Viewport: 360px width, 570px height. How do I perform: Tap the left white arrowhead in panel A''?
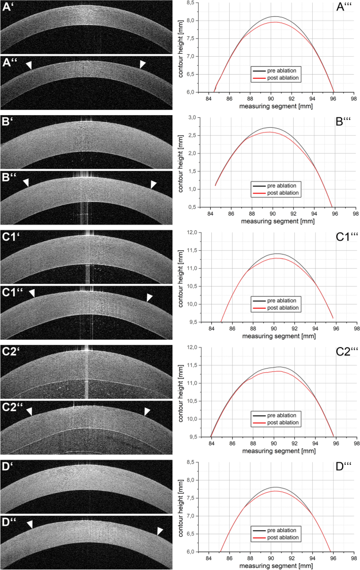tap(29, 64)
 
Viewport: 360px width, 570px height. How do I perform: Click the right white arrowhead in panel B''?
tap(153, 184)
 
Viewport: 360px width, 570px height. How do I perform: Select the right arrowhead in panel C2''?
tap(148, 411)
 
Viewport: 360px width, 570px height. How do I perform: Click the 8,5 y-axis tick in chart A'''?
tap(193, 3)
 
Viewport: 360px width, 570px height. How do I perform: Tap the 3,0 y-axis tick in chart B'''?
tap(193, 117)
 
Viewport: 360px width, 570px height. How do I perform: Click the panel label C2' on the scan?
tap(11, 352)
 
